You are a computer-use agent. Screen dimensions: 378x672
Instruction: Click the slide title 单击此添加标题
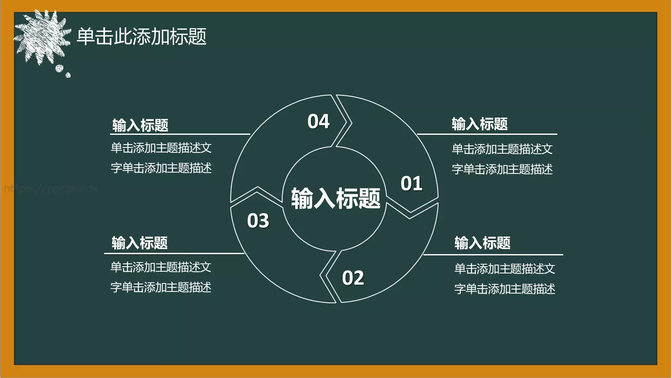pos(142,37)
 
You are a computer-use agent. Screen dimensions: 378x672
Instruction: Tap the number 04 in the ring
pos(318,122)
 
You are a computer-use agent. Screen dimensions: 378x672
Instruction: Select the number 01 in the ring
pos(411,184)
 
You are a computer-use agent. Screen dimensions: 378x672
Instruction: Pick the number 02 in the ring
pos(353,278)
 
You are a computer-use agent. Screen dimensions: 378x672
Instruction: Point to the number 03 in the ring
pos(258,221)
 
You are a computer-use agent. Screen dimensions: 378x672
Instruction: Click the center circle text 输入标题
pos(336,198)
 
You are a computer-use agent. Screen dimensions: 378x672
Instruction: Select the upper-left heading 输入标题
pos(140,125)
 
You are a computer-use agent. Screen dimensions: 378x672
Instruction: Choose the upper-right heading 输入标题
pos(480,124)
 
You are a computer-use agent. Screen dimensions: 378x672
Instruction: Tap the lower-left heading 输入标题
pos(139,243)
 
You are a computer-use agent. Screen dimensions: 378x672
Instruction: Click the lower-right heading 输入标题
pos(482,243)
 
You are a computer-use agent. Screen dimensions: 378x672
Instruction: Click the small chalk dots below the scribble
pos(62,70)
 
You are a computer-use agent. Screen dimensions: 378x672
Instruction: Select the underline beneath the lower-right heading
pos(493,255)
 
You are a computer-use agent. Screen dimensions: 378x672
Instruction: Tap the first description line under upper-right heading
pos(502,149)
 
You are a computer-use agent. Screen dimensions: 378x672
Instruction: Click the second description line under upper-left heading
pos(161,168)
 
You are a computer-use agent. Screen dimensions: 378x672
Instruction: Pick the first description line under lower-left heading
pos(160,267)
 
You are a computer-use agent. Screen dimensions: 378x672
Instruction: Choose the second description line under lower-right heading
pos(504,289)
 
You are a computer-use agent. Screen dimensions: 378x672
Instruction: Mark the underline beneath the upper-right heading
pos(487,134)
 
